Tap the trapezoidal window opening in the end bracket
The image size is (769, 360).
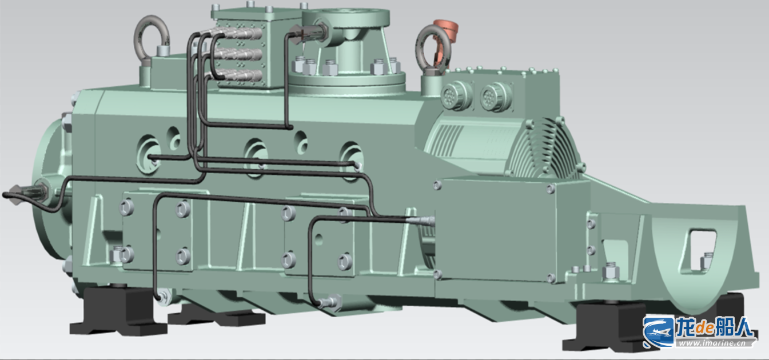tap(698, 252)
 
